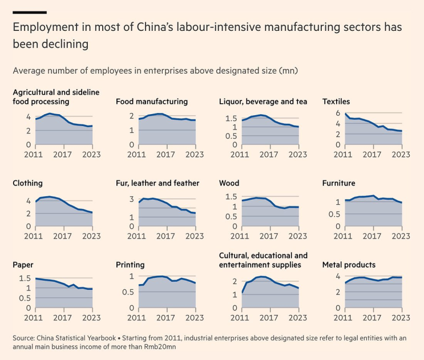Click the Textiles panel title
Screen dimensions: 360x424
[x=336, y=102]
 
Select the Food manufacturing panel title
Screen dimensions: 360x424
[x=152, y=102]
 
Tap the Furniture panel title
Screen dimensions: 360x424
[x=339, y=183]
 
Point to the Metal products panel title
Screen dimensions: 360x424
[x=349, y=265]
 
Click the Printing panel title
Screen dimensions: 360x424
[x=130, y=265]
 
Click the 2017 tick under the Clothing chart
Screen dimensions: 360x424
[x=64, y=235]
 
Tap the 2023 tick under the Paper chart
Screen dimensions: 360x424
[x=92, y=317]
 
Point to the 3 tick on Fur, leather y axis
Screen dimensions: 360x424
[x=132, y=199]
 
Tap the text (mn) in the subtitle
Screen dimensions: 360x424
[x=288, y=71]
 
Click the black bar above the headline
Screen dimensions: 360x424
[x=30, y=11]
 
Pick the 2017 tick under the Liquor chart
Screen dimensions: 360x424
[x=270, y=153]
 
